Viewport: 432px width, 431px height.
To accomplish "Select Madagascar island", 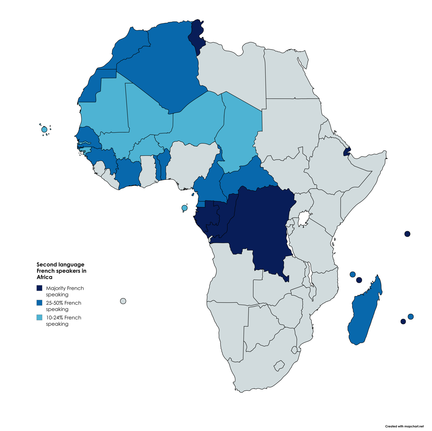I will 364,313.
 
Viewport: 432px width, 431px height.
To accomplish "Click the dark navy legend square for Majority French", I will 39,288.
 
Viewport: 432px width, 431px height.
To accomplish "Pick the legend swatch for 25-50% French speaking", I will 39,303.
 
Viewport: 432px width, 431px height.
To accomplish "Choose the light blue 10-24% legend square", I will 39,317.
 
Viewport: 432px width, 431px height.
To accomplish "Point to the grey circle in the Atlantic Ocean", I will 123,301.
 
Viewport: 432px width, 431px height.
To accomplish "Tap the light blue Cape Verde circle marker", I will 44,129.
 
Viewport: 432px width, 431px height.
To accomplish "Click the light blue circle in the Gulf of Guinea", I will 184,208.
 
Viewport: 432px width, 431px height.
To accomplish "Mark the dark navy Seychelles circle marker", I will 407,234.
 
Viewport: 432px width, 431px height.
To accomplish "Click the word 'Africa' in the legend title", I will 45,277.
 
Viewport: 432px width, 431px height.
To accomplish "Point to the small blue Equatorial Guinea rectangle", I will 201,204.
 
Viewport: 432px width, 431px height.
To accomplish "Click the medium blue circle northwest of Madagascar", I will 352,274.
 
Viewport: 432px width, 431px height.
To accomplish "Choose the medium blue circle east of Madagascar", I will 411,316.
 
